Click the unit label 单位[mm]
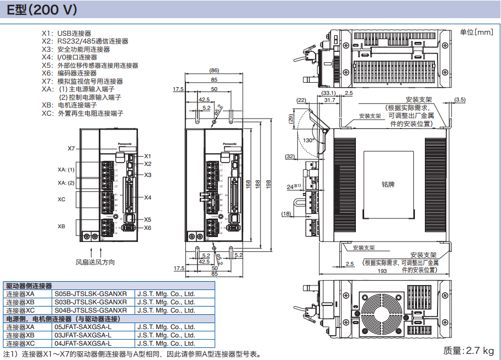click(x=476, y=33)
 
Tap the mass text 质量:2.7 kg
click(x=468, y=351)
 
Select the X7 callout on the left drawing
click(x=71, y=148)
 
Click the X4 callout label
click(x=147, y=197)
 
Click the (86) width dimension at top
click(x=214, y=71)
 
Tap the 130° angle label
click(x=308, y=140)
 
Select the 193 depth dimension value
click(x=382, y=271)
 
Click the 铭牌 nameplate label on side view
click(x=388, y=184)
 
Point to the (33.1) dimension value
click(x=329, y=93)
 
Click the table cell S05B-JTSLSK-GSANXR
click(x=90, y=294)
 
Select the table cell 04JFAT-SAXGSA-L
click(x=83, y=343)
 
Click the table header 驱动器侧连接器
click(x=28, y=286)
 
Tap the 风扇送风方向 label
click(x=95, y=262)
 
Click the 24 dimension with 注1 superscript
click(x=292, y=187)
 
